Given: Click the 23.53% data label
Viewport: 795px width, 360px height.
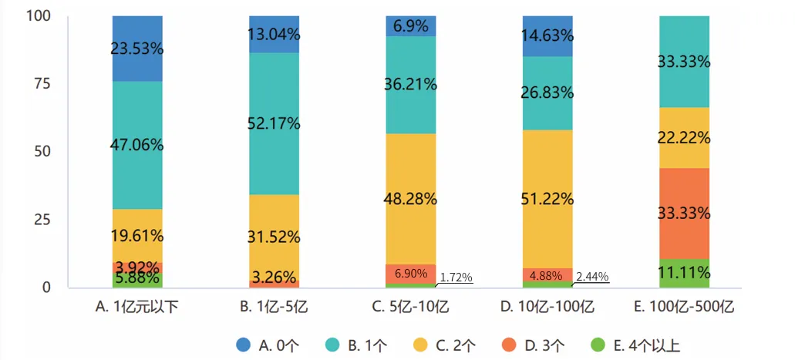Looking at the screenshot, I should click(136, 49).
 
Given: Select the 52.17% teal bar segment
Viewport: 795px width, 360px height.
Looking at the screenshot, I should click(274, 123).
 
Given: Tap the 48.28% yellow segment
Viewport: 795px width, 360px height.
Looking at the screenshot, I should click(411, 199).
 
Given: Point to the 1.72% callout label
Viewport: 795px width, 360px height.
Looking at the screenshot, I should click(456, 277).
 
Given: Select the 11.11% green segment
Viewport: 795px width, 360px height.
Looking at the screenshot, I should click(685, 273).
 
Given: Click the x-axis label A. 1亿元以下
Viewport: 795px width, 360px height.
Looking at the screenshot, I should click(136, 307).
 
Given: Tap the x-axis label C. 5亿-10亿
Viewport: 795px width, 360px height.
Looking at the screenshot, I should click(411, 307).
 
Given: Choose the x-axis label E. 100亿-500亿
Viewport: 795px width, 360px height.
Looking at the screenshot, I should click(685, 307).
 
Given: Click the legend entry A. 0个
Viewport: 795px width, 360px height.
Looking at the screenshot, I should click(266, 345).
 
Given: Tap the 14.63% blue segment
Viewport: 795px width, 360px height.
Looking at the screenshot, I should click(547, 36).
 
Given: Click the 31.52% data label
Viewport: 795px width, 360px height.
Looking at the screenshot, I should click(274, 237).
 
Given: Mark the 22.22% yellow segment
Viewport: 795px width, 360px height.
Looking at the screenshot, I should click(685, 138).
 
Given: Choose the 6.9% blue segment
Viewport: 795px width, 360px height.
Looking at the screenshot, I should click(411, 26).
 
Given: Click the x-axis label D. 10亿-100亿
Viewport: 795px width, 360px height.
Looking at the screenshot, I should click(547, 307).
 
